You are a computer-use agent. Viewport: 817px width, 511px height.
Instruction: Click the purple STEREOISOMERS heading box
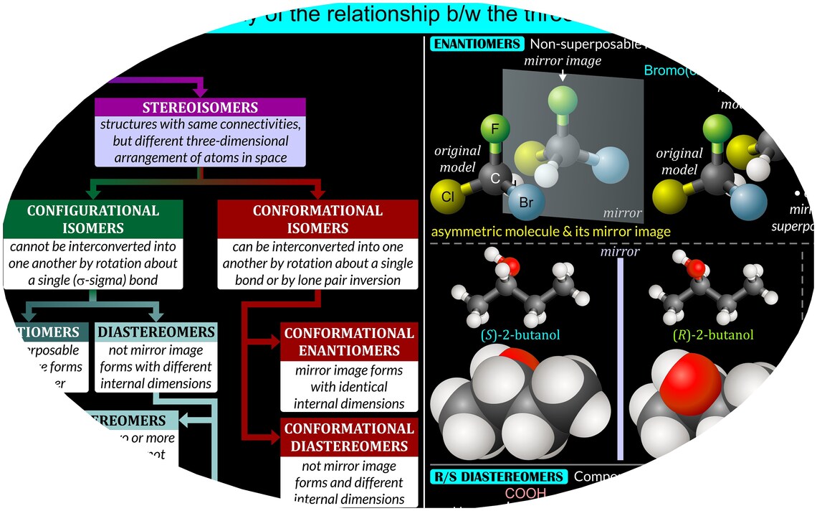click(x=201, y=108)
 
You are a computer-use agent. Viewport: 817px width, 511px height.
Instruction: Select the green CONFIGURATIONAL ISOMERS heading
click(x=93, y=220)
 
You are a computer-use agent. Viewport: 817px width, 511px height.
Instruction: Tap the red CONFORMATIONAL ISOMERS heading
click(x=317, y=220)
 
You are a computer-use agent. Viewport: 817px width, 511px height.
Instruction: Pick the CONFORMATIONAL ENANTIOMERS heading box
click(x=349, y=342)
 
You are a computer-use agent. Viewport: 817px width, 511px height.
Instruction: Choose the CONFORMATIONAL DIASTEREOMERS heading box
click(x=349, y=437)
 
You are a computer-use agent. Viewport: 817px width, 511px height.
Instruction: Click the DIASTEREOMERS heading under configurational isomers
click(x=155, y=332)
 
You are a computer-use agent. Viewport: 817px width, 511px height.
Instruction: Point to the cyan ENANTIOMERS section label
click(x=477, y=44)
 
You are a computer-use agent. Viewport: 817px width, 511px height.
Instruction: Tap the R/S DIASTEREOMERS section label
click(x=498, y=477)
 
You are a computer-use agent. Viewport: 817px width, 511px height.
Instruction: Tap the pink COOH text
click(x=525, y=494)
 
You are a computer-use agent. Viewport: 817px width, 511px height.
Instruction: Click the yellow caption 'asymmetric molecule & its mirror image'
click(x=550, y=232)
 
